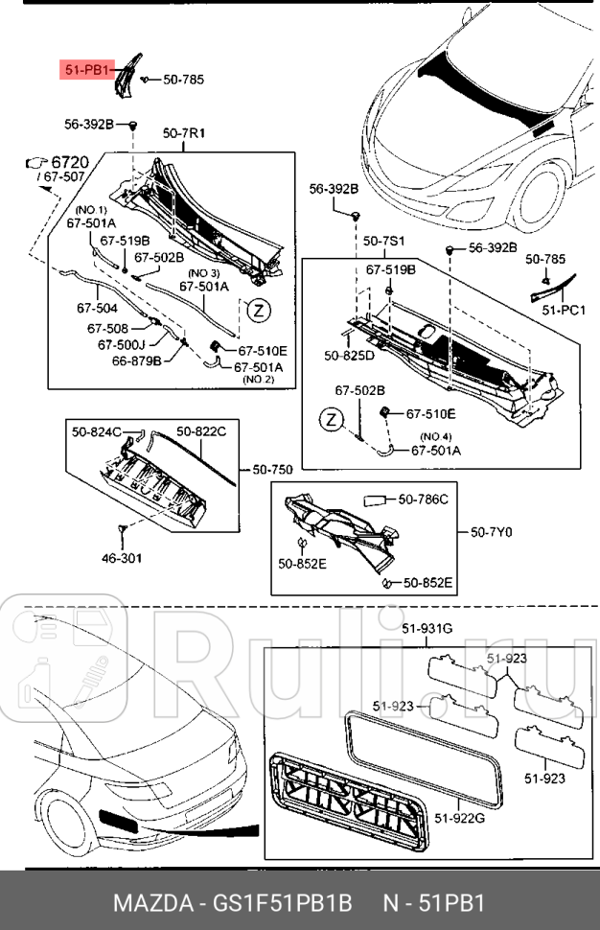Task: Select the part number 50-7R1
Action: (x=184, y=133)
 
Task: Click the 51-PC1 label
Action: (x=565, y=310)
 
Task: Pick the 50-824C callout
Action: (x=97, y=432)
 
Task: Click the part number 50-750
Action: (x=272, y=469)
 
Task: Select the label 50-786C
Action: (x=423, y=499)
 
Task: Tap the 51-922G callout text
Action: (x=462, y=817)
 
